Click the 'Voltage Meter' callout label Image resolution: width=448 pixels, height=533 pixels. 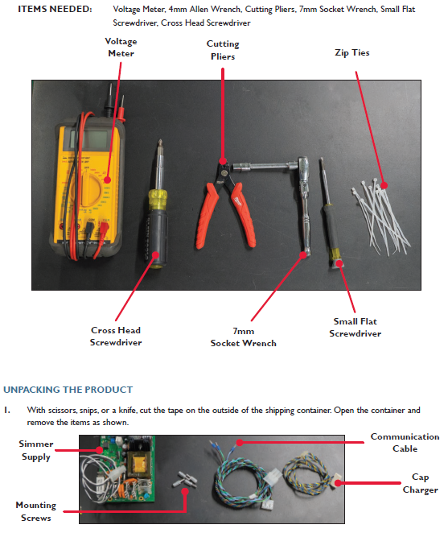coord(121,48)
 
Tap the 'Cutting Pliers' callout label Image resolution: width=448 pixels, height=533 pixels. coord(223,50)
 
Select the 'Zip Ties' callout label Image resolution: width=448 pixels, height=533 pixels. coord(351,52)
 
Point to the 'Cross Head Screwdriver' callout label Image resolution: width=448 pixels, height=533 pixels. coord(116,337)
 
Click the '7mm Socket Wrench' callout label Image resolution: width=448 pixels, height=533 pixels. coord(243,337)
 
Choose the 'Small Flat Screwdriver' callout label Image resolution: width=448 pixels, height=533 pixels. coord(355,328)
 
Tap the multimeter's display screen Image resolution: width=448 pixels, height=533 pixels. coord(89,139)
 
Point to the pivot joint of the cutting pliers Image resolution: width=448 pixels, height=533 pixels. coord(224,172)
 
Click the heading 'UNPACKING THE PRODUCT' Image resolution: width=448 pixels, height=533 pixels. coord(68,390)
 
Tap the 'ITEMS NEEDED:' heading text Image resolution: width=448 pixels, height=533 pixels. coord(55,9)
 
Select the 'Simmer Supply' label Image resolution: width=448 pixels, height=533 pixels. coord(36,450)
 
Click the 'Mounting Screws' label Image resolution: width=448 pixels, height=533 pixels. coord(36,511)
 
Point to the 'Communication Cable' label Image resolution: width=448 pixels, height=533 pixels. coord(405,443)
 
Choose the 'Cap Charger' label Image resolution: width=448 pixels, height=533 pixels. coord(420,483)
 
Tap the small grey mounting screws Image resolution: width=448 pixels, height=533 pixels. coord(185,480)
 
